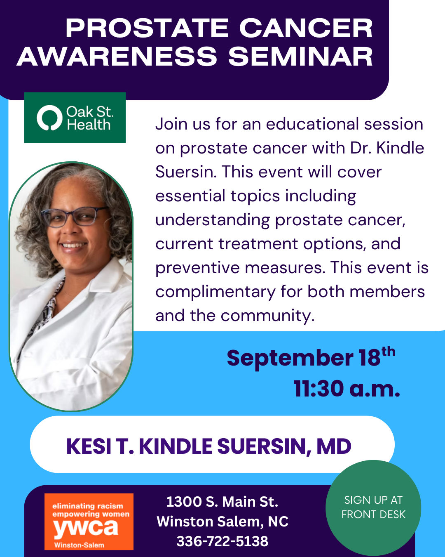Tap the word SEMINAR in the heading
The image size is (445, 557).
click(300, 57)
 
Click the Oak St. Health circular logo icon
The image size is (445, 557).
click(49, 118)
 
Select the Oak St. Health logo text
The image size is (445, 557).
click(89, 118)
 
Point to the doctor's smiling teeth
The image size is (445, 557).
click(74, 245)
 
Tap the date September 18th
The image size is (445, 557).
click(311, 357)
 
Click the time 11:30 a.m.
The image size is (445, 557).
click(347, 389)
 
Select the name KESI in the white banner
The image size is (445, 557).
click(89, 446)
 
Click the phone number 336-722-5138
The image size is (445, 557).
click(222, 541)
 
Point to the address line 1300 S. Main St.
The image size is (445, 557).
click(222, 502)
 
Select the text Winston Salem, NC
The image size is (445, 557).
click(222, 521)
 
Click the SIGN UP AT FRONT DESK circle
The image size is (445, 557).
click(373, 508)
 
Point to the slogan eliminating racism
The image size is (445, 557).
click(88, 506)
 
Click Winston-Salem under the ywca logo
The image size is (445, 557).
click(79, 545)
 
